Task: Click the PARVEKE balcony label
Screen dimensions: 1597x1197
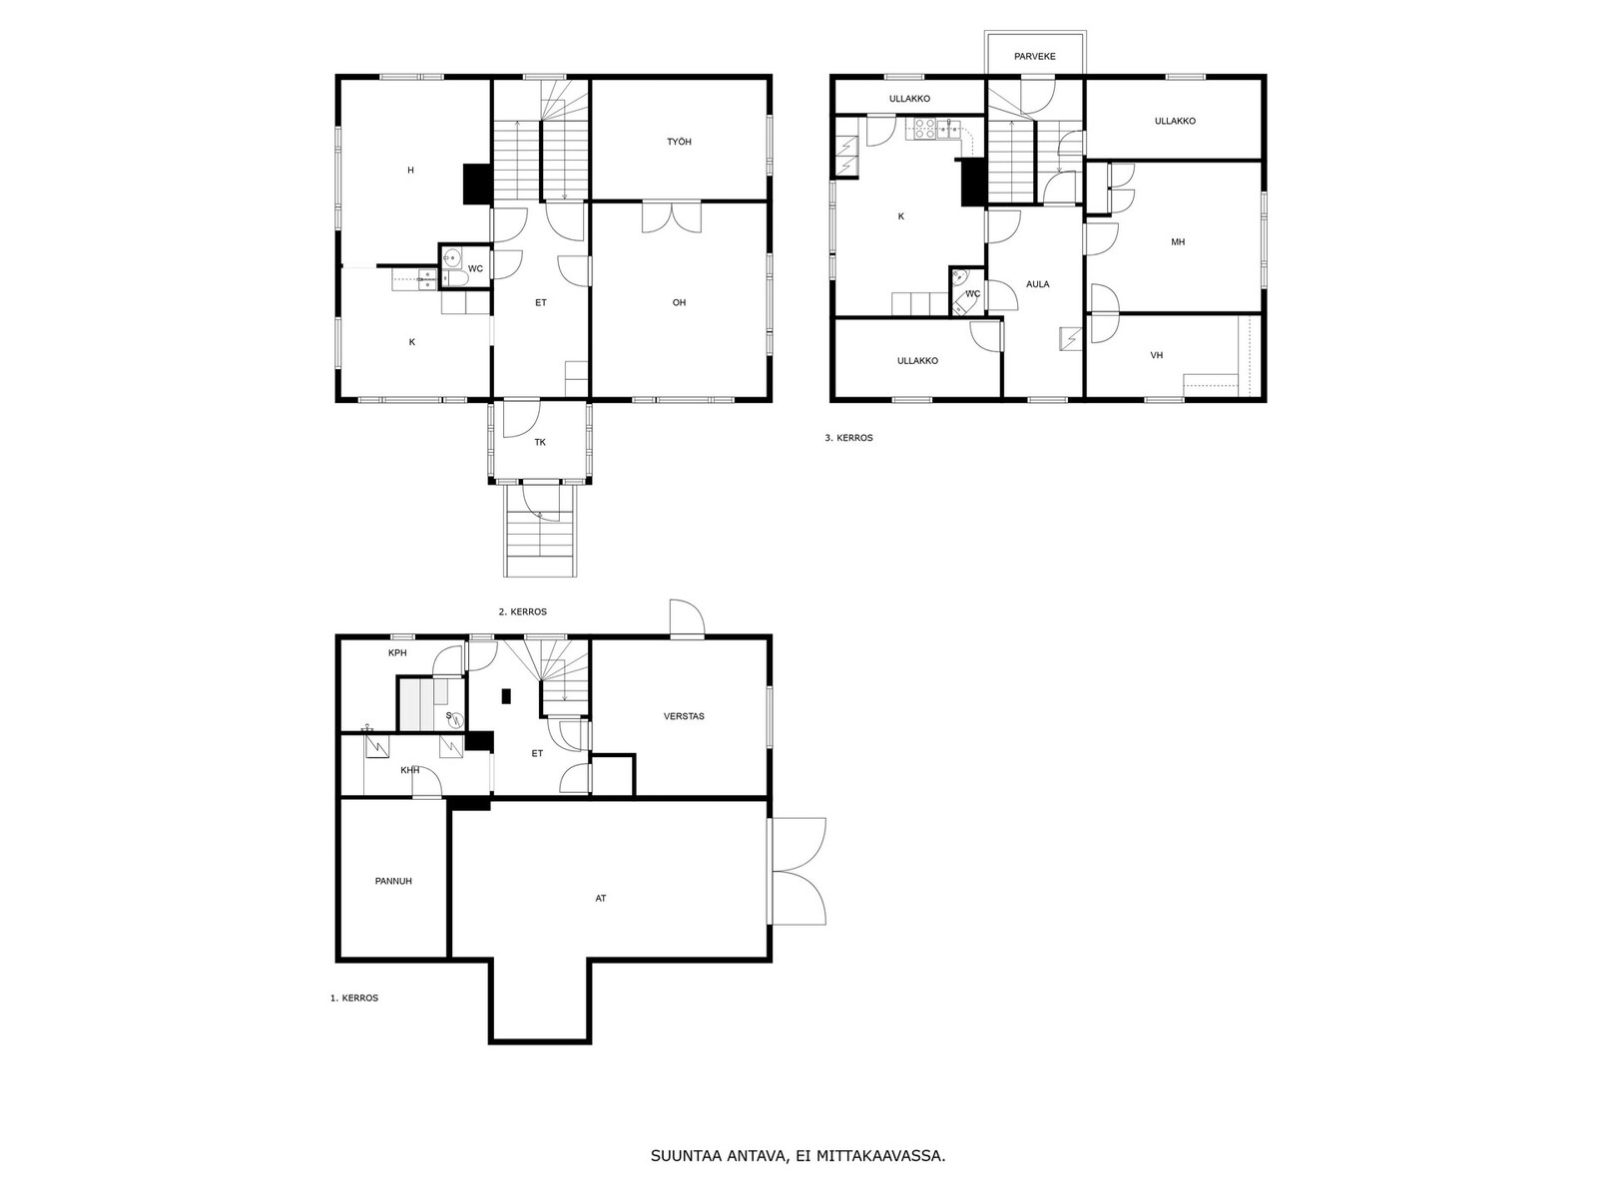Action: (1035, 56)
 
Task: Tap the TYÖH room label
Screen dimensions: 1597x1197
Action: (679, 142)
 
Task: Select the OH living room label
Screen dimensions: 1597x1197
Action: (679, 302)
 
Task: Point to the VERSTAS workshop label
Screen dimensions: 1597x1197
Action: (684, 716)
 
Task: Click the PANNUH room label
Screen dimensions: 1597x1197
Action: (393, 881)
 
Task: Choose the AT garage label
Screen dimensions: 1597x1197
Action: (601, 899)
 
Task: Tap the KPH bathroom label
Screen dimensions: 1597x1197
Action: (397, 652)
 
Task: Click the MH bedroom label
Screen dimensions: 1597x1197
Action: (1178, 242)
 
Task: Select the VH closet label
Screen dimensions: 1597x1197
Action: (1157, 355)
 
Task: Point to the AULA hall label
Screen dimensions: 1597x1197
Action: (1037, 284)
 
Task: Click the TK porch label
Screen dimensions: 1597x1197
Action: (540, 442)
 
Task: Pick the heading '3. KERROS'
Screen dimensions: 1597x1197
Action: (848, 438)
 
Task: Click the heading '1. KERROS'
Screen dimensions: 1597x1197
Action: (354, 997)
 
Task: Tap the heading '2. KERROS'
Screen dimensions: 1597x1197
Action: (522, 611)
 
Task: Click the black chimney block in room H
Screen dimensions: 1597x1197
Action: (476, 184)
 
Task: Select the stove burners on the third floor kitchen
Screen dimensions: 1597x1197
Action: (924, 129)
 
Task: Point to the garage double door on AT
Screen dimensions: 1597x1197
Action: (798, 872)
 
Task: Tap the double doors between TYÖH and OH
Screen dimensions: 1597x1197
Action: (672, 217)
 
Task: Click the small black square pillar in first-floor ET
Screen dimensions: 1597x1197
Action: (506, 696)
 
